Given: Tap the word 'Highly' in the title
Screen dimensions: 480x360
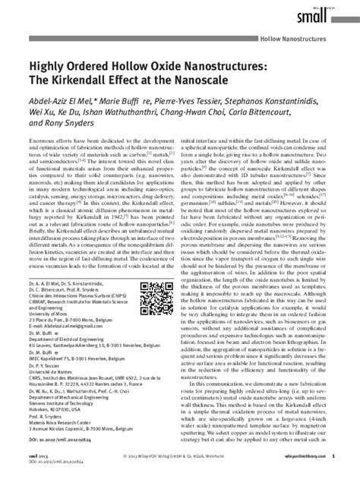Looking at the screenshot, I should coord(50,67).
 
